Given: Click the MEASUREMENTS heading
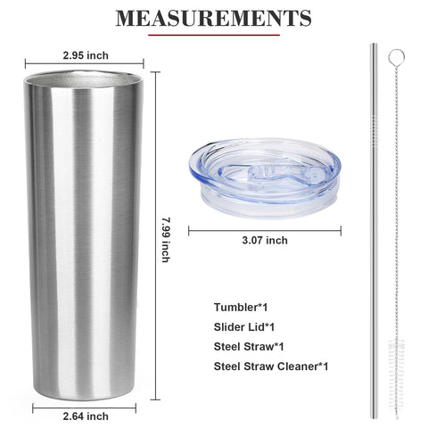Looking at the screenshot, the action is point(213,19).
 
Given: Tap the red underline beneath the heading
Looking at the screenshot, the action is point(214,35).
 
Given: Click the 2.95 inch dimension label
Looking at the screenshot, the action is point(86,55).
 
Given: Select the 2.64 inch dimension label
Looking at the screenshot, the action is point(86,416).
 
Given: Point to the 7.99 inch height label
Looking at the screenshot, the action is point(166,240).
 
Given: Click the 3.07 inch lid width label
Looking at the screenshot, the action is point(265,240).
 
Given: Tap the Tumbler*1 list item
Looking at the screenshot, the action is point(241,307).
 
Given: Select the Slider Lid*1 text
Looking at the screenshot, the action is point(244,327).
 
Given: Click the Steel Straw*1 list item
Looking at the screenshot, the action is point(249,347).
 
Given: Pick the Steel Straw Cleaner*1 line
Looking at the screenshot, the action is point(271,366).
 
